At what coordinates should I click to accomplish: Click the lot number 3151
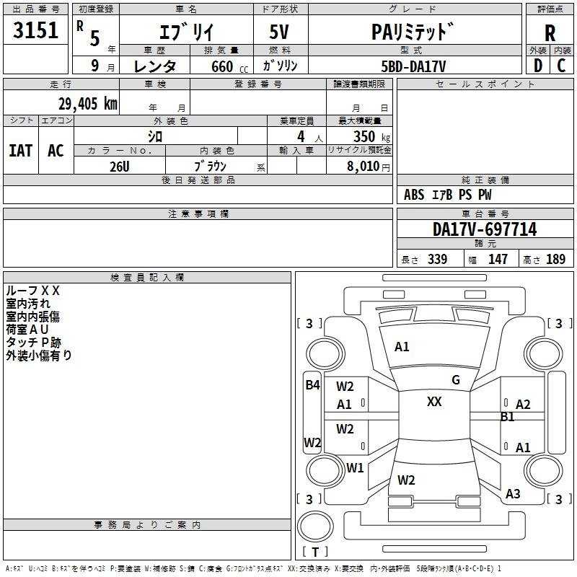click(36, 32)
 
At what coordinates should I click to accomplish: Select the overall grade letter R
click(550, 32)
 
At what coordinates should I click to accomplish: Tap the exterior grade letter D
click(537, 66)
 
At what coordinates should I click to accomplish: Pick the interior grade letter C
click(561, 66)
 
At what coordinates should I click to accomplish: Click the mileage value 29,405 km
click(87, 103)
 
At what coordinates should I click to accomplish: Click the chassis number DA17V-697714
click(485, 230)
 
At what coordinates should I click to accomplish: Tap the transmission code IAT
click(20, 151)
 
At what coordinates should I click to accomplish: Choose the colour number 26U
click(119, 166)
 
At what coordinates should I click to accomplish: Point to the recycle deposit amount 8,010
click(363, 167)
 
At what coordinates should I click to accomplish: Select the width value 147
click(498, 260)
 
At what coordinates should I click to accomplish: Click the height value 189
click(555, 260)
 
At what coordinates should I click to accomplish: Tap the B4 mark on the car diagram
click(312, 385)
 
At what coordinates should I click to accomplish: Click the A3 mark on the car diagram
click(513, 494)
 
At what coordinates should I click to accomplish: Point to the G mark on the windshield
click(456, 380)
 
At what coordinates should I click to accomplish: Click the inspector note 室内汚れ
click(28, 303)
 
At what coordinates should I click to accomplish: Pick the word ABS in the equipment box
click(414, 195)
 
